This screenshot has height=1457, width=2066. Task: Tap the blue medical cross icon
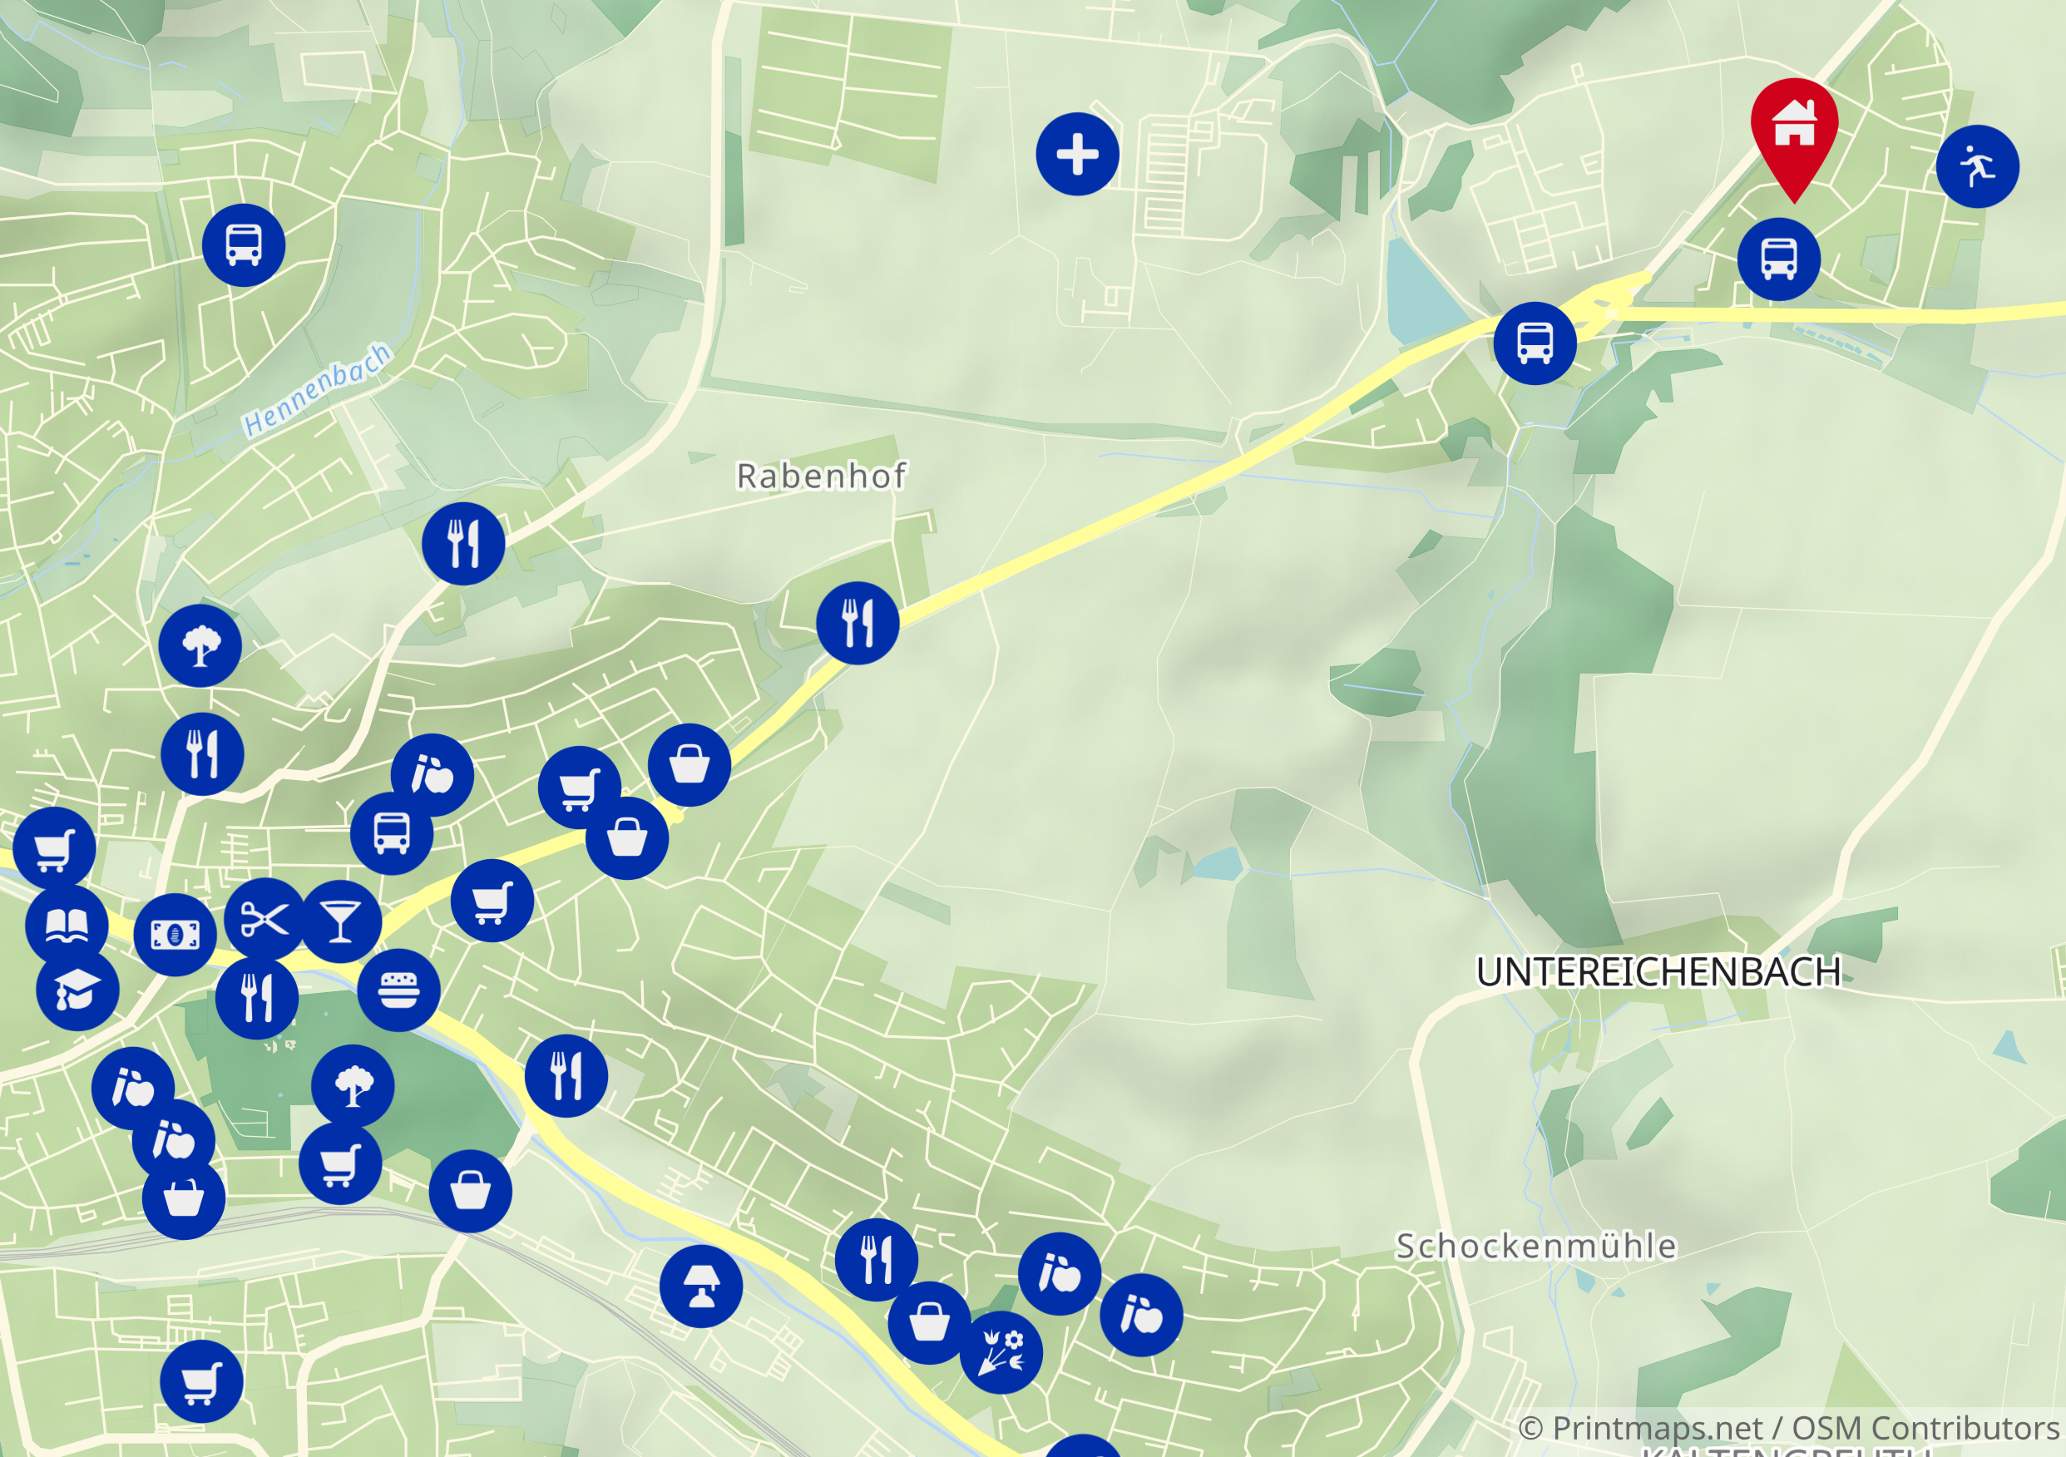[1077, 154]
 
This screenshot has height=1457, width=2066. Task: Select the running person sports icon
[1977, 166]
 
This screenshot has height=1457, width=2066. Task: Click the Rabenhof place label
[821, 476]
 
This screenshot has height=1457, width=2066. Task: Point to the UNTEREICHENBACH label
[1658, 972]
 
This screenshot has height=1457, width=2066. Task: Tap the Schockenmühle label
[1536, 1247]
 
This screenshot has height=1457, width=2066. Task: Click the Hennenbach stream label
[318, 390]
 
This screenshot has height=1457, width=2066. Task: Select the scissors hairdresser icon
[265, 919]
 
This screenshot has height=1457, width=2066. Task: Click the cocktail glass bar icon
[340, 921]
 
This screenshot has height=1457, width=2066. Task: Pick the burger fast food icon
[398, 990]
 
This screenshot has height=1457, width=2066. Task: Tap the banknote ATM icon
[175, 935]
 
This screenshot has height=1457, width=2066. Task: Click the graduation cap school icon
[77, 990]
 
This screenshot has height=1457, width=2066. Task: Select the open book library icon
[67, 925]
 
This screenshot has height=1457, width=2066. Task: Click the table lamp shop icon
[701, 1287]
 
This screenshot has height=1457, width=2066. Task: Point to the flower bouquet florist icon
[1001, 1352]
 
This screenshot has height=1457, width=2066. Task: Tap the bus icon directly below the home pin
[1778, 259]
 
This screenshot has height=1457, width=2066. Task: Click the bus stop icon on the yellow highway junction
[1535, 343]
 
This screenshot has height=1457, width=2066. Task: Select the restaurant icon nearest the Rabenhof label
[858, 623]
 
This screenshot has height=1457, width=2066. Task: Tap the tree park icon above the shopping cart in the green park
[353, 1086]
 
